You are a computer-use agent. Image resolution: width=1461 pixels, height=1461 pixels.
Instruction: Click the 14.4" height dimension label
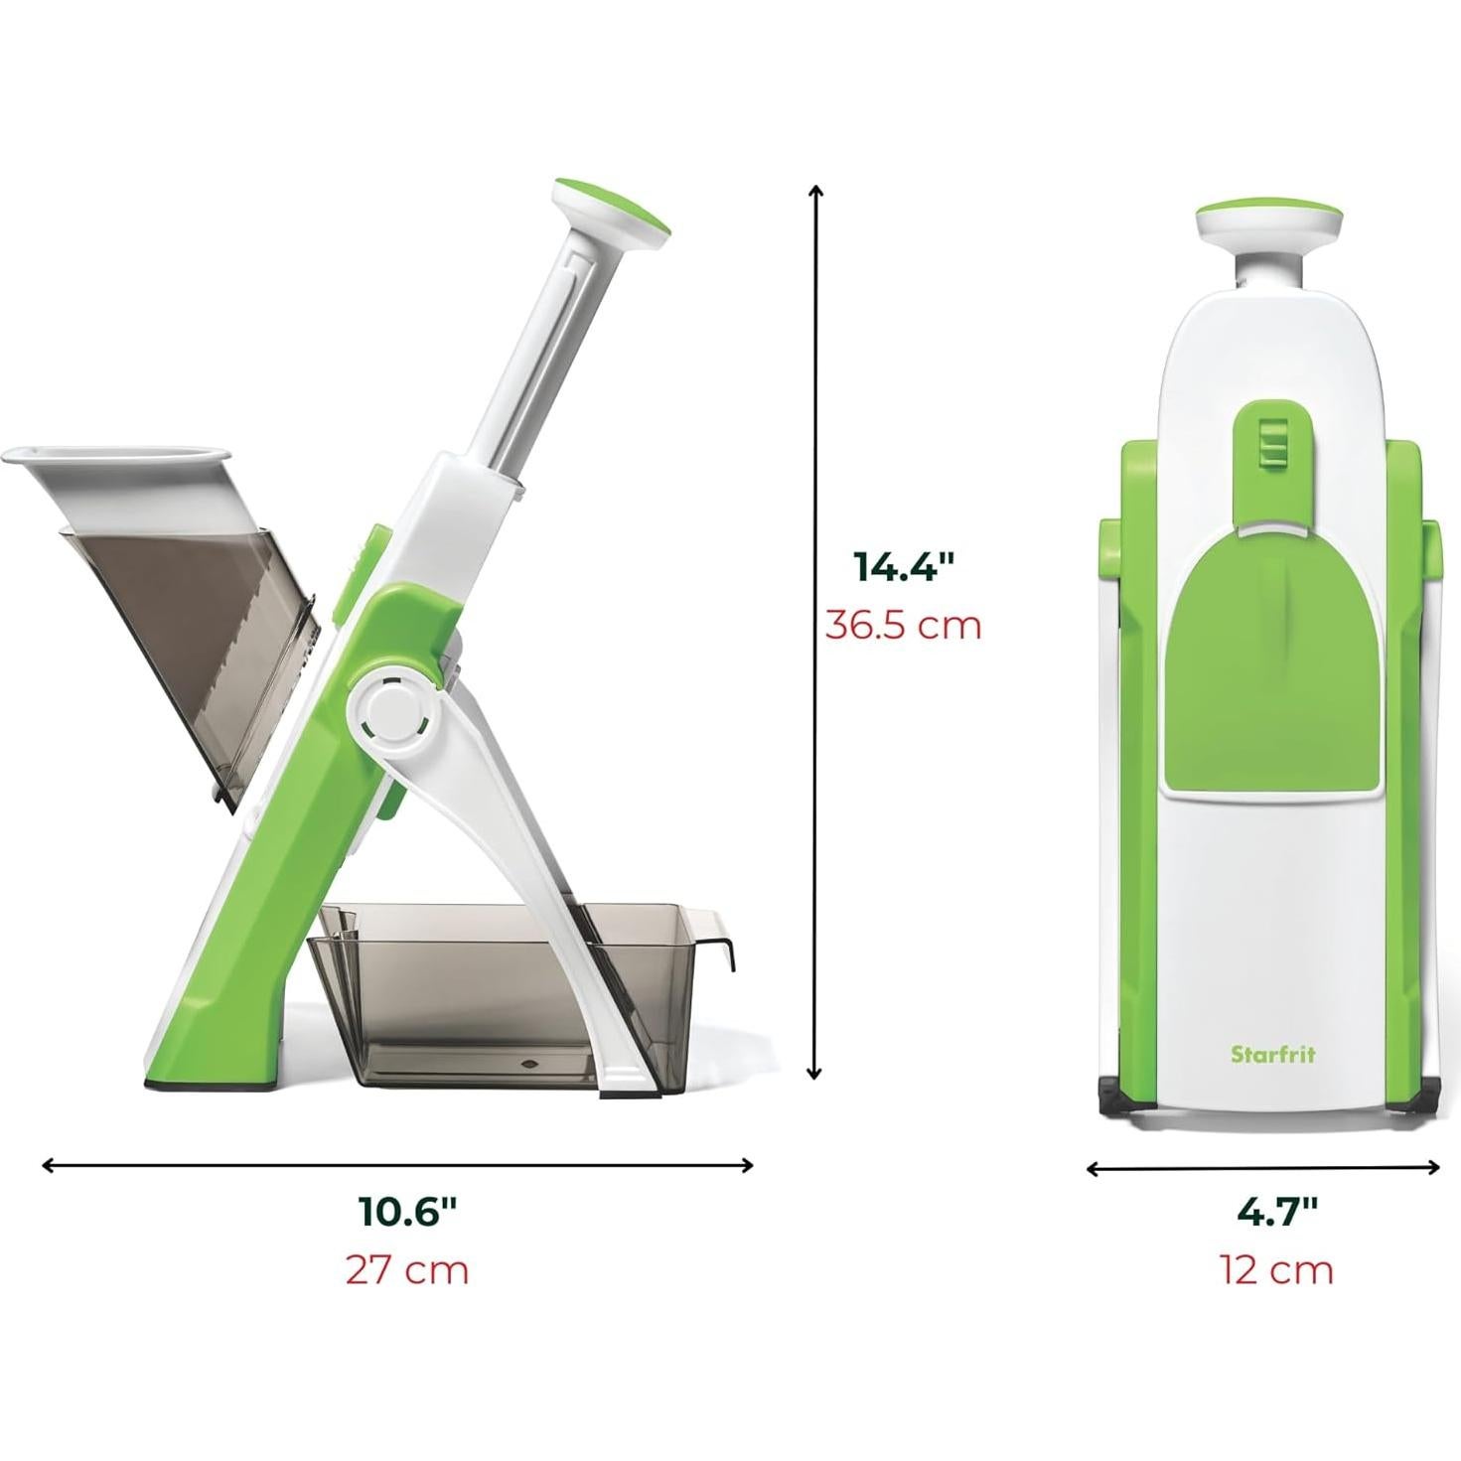tap(903, 566)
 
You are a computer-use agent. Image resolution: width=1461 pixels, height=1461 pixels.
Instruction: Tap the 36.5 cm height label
tap(903, 626)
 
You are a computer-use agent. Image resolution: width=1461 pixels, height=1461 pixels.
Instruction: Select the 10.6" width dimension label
tap(407, 1212)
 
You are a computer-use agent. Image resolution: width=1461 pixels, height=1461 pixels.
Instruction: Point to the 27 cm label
tap(407, 1269)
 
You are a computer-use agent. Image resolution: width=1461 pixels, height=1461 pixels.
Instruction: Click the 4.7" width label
tap(1276, 1212)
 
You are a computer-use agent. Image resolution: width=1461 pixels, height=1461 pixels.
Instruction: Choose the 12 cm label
tap(1276, 1269)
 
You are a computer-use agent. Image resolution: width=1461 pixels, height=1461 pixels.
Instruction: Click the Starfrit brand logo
tap(1272, 1054)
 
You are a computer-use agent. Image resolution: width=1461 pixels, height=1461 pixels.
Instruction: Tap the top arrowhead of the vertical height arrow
tap(815, 190)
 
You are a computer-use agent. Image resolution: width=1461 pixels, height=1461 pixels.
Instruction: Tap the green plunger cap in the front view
tap(1267, 210)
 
